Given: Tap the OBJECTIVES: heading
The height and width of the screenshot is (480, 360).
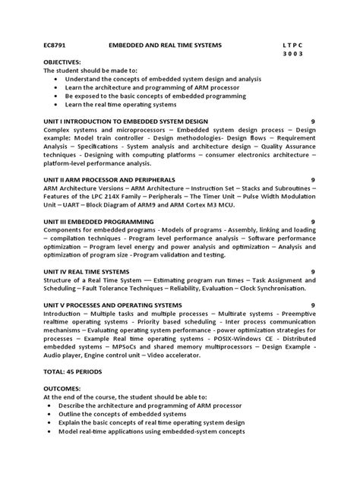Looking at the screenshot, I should coord(63,62).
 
